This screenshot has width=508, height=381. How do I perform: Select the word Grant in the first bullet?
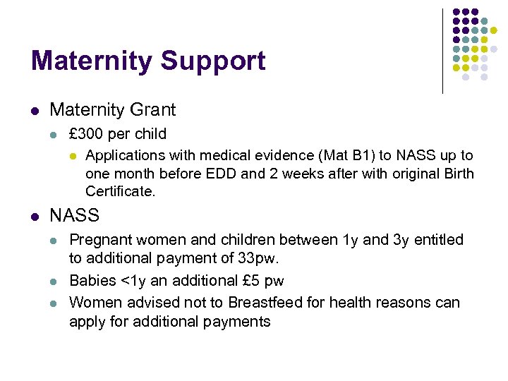tap(151, 110)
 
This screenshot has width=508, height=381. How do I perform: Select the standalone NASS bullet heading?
tap(75, 216)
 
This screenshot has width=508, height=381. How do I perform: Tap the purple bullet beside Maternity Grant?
tap(35, 111)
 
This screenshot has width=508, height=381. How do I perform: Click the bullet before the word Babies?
tap(54, 282)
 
